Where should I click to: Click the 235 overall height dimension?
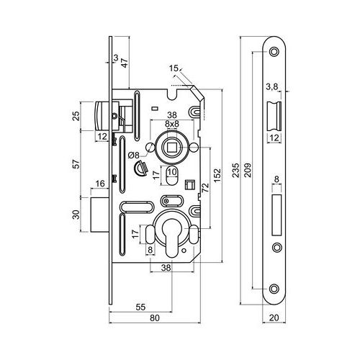click(236, 170)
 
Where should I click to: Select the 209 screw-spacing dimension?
click(248, 170)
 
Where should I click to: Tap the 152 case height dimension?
click(217, 176)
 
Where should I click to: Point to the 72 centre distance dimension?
click(206, 187)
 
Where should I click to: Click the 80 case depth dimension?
click(155, 318)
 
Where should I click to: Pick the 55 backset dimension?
click(140, 307)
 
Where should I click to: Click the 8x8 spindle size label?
click(172, 124)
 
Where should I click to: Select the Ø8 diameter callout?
click(134, 156)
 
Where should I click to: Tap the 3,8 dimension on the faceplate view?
click(272, 87)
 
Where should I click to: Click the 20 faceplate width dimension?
click(274, 318)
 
